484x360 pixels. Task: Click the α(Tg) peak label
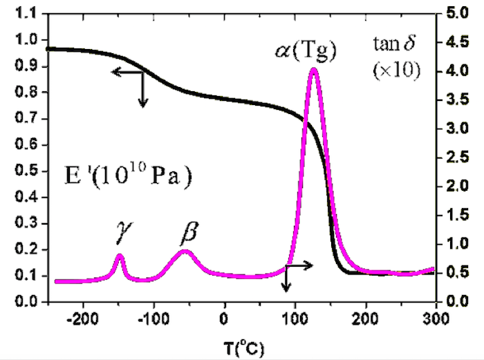[x=304, y=53]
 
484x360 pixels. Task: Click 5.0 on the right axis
[x=459, y=13]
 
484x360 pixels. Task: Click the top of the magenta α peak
[x=314, y=69]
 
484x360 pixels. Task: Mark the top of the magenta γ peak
[x=120, y=256]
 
